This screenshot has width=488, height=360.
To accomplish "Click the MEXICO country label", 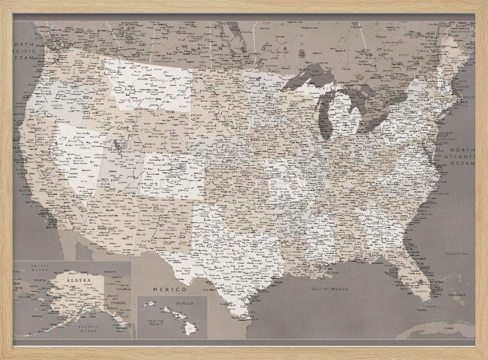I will click(x=170, y=290).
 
